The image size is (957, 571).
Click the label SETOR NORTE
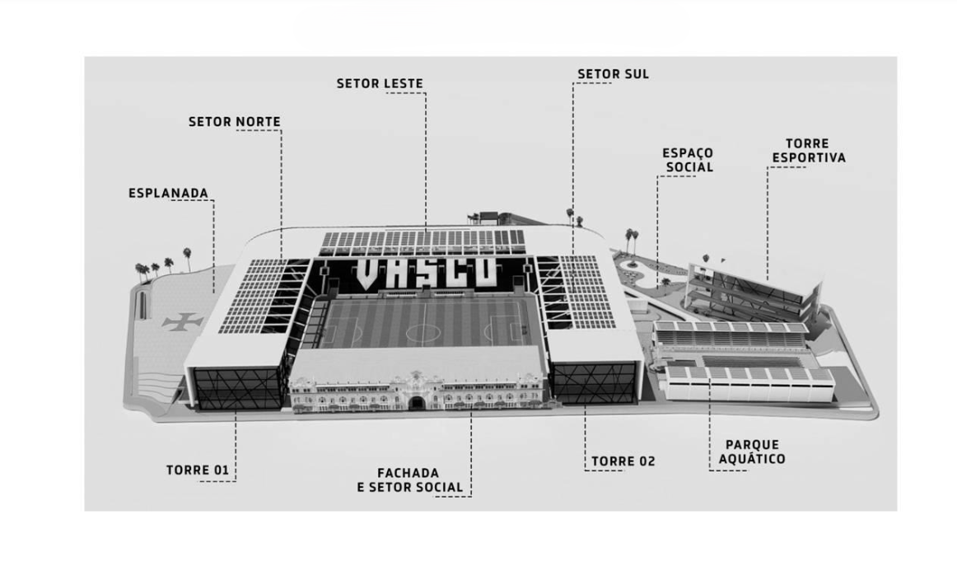coord(235,121)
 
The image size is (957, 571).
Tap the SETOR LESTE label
coord(380,83)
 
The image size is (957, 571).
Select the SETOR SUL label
coord(613,74)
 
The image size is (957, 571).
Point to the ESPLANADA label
coord(169,193)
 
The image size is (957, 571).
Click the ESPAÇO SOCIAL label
coord(689,160)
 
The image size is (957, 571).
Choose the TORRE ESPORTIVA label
coord(809,150)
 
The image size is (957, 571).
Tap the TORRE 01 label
coord(198,470)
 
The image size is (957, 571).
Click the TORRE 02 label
coord(623,461)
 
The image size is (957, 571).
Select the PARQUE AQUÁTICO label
coord(752,452)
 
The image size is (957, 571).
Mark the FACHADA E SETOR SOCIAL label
coord(410,480)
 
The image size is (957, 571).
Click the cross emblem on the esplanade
coord(183,321)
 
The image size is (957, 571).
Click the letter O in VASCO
coord(483,272)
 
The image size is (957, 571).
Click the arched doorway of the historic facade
coord(417,403)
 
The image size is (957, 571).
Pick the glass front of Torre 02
coord(593,382)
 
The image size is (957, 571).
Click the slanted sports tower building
coord(752,289)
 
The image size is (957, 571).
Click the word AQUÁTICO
coord(752,459)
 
